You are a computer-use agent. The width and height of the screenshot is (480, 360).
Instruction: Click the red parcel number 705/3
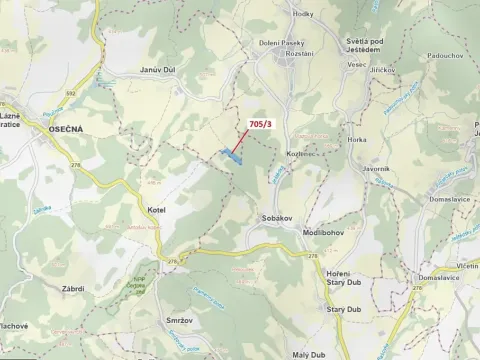tap(259, 123)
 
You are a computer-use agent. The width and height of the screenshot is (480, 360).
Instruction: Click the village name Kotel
tap(155, 210)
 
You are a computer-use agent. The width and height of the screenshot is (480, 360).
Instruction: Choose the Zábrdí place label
tap(72, 288)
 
